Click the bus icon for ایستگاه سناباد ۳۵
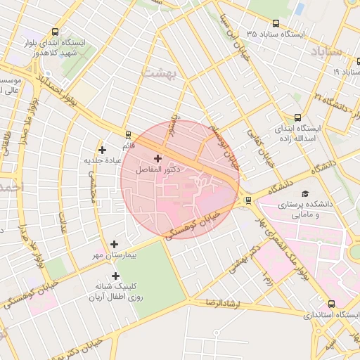coord(252,34)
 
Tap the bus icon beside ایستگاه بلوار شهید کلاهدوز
coord(56,32)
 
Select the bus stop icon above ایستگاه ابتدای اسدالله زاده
coord(297,118)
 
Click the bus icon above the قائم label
coord(128,134)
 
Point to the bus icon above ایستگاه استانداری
coord(331,304)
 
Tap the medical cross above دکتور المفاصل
coord(157,159)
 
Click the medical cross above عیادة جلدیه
coord(103,149)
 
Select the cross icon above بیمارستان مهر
coord(114,243)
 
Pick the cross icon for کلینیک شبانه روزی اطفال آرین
coord(115,276)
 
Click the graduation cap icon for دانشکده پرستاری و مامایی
coord(304,193)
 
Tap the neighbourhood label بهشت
coord(157,72)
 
